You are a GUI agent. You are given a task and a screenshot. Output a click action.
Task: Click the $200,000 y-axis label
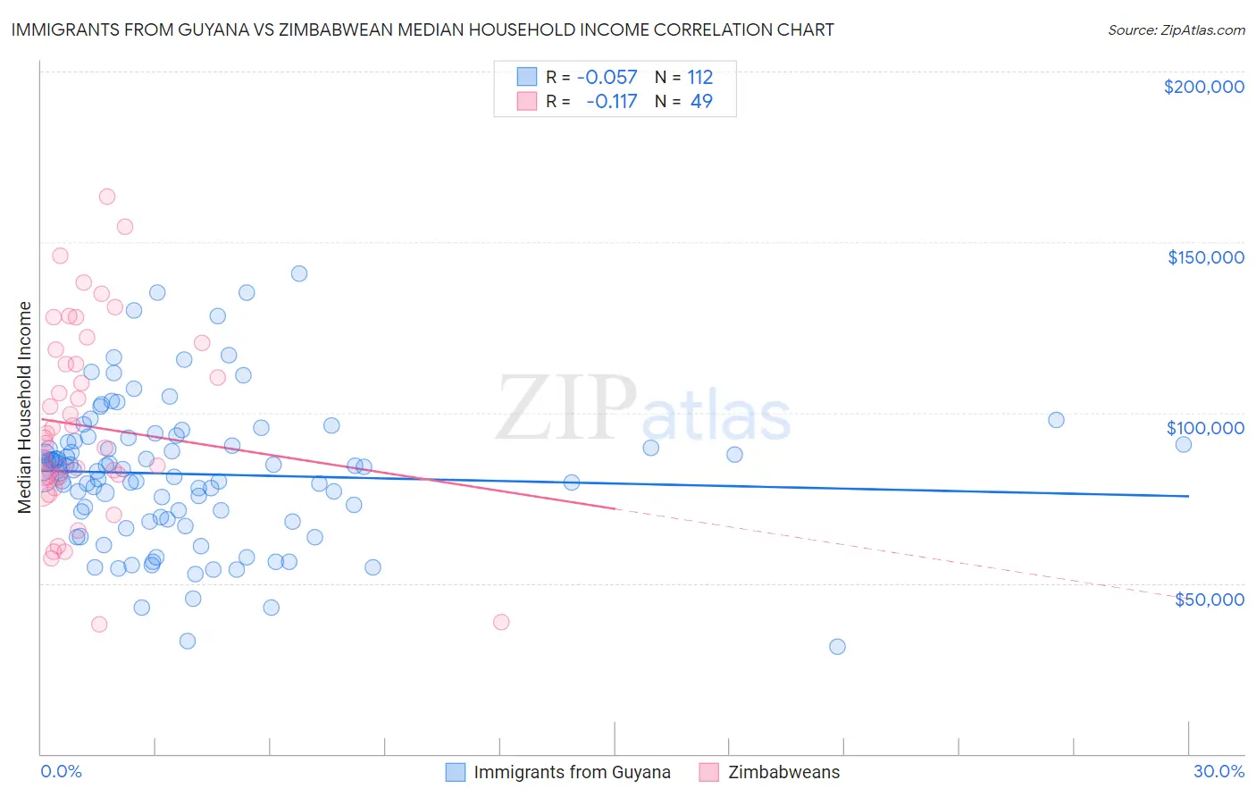click(1203, 87)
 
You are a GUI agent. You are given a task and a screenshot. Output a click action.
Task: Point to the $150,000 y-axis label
click(1205, 257)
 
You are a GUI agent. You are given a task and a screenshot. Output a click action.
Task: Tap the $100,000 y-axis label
click(1205, 428)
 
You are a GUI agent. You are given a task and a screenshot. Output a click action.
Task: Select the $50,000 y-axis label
click(1209, 599)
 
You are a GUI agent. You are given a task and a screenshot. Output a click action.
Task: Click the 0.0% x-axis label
click(61, 771)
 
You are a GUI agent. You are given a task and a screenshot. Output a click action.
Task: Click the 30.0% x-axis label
click(1218, 771)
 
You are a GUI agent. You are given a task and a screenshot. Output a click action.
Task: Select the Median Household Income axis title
click(24, 407)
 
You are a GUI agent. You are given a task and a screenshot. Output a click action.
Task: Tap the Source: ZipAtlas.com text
click(1176, 29)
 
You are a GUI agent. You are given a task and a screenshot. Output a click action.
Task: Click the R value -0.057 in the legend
click(607, 77)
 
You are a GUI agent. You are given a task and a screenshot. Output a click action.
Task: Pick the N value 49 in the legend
click(701, 101)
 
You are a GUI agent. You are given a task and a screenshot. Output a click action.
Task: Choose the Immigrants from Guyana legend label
click(572, 772)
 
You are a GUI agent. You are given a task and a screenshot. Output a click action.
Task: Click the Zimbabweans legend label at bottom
click(783, 772)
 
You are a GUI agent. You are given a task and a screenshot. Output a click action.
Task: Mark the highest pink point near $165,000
click(107, 197)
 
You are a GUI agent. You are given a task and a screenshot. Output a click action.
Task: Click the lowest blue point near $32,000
click(837, 646)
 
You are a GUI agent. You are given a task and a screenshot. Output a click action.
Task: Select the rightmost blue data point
click(1184, 444)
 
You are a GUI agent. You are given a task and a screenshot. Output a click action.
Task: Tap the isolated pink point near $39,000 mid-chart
click(501, 622)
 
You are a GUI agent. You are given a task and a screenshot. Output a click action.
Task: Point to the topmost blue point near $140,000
click(299, 273)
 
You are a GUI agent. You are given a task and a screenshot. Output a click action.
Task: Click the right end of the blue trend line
click(1188, 496)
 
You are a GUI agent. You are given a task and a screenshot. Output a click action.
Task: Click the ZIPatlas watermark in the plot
click(643, 409)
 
